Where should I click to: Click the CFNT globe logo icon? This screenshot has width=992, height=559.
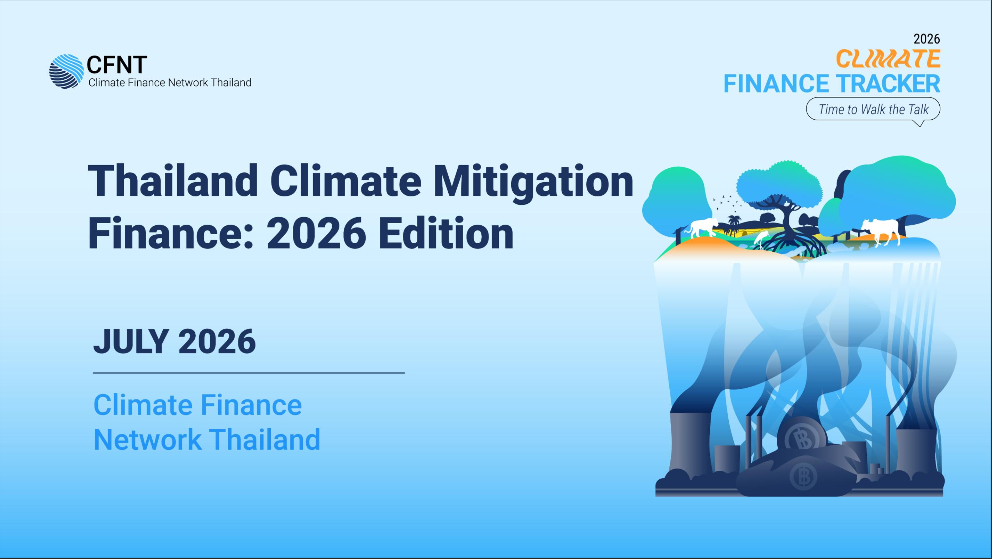coord(66,71)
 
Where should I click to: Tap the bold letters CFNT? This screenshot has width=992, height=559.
coord(117,64)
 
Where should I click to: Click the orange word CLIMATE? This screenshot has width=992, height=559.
coord(888,59)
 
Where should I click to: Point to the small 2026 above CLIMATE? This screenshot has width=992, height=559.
coord(927,39)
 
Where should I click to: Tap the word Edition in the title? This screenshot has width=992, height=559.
coord(446,234)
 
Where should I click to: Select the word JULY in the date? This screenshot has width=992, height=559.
coord(131,341)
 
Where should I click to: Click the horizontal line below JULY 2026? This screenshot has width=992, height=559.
coord(249,373)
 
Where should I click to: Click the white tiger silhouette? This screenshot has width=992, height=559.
coord(702,228)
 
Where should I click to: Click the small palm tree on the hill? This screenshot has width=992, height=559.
coord(734,225)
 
